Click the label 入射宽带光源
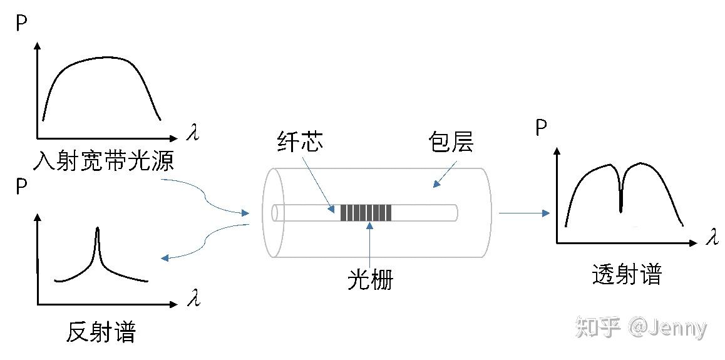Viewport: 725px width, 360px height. pos(103,162)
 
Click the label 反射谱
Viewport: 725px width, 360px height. pos(100,332)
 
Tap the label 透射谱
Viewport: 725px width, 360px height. pos(626,275)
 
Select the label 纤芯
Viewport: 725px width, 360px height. pos(300,143)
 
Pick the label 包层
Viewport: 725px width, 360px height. pos(451,143)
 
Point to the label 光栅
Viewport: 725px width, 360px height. pos(370,280)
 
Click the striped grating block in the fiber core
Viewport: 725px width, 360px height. pos(366,213)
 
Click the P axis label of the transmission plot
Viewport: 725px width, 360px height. pos(542,129)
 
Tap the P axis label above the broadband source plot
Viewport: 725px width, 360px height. pos(22,23)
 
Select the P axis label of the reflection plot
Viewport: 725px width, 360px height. pos(22,188)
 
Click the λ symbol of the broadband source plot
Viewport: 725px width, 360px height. pos(193,133)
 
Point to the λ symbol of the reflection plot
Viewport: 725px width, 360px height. pos(193,299)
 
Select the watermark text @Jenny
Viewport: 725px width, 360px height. pos(668,327)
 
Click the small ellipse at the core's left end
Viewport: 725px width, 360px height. pos(275,213)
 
